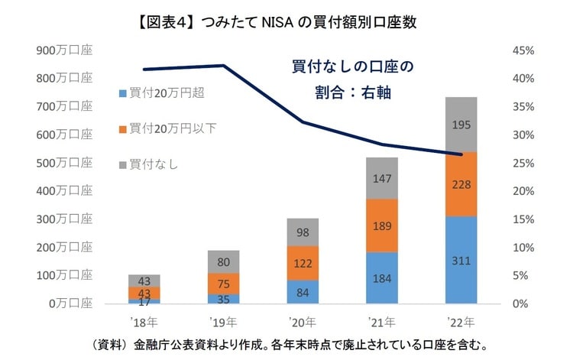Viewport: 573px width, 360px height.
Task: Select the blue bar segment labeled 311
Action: [461, 260]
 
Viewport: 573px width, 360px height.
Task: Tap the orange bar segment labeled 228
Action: [461, 184]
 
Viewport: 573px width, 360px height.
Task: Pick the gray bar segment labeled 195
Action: [461, 125]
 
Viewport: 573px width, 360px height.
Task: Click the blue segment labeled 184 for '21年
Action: [381, 277]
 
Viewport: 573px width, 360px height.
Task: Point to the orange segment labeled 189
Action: [381, 225]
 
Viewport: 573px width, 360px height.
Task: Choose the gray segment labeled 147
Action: [381, 178]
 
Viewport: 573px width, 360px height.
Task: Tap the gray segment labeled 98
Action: [302, 232]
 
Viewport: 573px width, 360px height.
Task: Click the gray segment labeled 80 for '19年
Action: [223, 261]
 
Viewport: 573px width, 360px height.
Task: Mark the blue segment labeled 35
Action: [223, 299]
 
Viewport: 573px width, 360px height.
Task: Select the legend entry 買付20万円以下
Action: [168, 128]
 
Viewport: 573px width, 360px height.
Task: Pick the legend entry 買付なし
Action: [149, 164]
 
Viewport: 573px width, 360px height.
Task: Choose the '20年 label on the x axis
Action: [302, 320]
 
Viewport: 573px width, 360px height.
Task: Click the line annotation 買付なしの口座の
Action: [352, 67]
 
